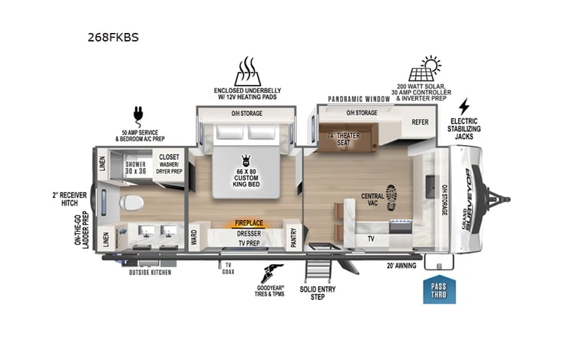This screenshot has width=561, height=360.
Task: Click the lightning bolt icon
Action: tap(464, 106)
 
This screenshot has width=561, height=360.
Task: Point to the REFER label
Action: tap(419, 121)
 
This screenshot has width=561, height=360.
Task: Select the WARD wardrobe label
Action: tap(194, 238)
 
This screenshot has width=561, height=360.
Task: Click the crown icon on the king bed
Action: tap(246, 160)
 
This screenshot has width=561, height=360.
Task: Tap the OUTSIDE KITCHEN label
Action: tap(150, 272)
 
